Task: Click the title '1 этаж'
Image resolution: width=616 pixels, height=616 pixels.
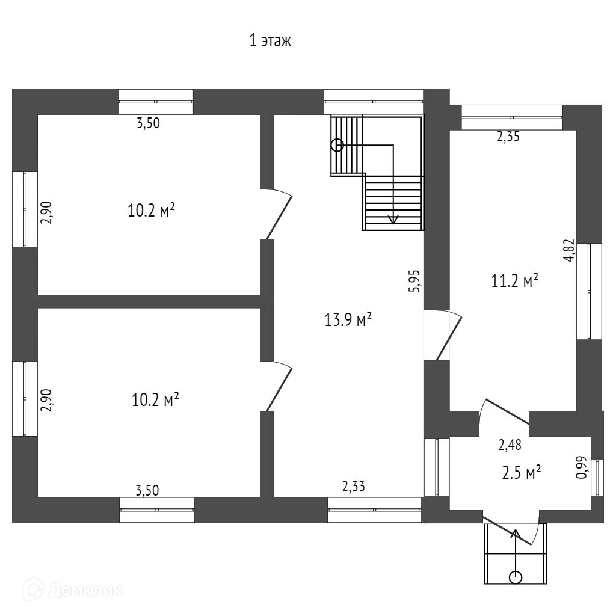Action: (271, 42)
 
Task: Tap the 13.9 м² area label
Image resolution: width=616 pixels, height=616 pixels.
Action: (348, 320)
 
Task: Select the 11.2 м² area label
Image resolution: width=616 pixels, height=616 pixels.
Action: (514, 281)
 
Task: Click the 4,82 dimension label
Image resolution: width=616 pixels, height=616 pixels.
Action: (569, 251)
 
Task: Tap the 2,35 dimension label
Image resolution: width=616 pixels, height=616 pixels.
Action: (508, 137)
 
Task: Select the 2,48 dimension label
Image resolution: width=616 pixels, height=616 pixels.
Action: (510, 445)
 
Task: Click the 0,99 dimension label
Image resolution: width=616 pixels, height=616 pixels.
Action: (582, 467)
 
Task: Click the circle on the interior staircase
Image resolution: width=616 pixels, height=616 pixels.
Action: (337, 145)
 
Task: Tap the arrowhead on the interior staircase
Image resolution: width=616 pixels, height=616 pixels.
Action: (393, 220)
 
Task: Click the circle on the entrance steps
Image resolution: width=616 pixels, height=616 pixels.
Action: (515, 577)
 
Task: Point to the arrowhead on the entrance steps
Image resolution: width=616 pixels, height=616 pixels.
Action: (516, 532)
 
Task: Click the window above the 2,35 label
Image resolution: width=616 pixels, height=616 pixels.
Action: (511, 117)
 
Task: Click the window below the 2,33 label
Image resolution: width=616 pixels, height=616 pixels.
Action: (374, 510)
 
